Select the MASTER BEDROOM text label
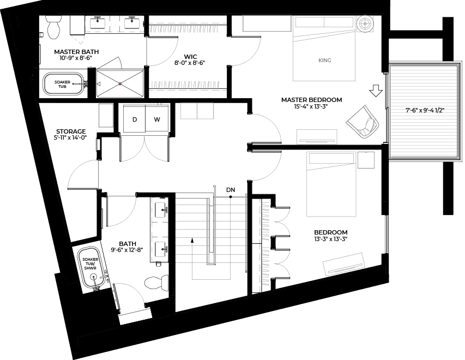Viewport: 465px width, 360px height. [x=311, y=100]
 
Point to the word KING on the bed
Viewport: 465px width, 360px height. [x=325, y=60]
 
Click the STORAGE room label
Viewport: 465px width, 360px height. [x=71, y=131]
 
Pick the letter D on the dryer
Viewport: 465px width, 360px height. [x=134, y=119]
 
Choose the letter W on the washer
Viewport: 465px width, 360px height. [x=157, y=119]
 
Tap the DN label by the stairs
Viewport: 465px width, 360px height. [x=231, y=189]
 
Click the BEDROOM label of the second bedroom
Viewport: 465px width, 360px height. [x=331, y=232]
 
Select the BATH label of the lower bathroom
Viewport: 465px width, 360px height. [x=128, y=244]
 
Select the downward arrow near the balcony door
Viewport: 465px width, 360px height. [x=376, y=90]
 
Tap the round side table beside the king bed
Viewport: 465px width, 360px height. [x=365, y=23]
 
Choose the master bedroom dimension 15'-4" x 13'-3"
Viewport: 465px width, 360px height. [x=311, y=107]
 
